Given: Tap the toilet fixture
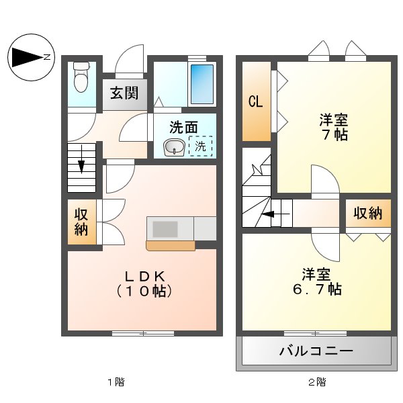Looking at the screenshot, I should coord(81,77).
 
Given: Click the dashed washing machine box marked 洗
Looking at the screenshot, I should coord(200,146).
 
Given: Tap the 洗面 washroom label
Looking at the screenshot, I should coord(183,126).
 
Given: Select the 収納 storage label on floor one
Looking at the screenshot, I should coord(82,222).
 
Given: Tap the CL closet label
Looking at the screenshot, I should coord(255,101).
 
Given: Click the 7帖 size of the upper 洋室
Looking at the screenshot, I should coord(334,135).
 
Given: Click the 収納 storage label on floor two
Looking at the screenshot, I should coord(367,214).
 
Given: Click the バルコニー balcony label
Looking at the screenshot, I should coord(316,351).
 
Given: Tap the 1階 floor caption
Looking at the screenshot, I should coord(116,382).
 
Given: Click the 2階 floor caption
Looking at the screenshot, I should coord(317,382).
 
